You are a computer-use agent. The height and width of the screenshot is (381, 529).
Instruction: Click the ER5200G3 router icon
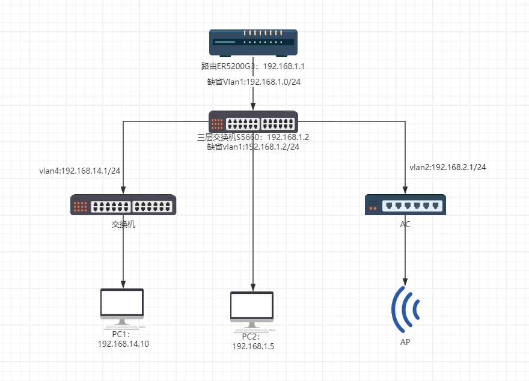[253, 43]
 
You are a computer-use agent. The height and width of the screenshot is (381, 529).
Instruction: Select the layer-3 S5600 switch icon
[253, 122]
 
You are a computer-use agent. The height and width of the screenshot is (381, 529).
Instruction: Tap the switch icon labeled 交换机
[123, 205]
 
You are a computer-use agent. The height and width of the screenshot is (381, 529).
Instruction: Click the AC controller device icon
[405, 205]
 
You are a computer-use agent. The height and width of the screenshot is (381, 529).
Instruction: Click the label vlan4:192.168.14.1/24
[79, 171]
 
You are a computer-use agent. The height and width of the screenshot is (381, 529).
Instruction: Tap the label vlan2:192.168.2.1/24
[448, 167]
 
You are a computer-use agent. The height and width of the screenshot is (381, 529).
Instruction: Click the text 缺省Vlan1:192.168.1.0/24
[254, 82]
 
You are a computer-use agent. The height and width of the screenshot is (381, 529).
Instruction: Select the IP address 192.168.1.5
[253, 346]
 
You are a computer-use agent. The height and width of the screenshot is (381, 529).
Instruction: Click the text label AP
[406, 342]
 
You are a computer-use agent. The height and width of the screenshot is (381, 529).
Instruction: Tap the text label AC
[406, 224]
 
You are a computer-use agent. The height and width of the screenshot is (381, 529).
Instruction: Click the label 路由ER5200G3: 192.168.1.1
[253, 66]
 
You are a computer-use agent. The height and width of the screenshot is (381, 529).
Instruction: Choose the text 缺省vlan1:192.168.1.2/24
[253, 146]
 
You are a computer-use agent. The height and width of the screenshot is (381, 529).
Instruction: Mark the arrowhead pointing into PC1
[123, 284]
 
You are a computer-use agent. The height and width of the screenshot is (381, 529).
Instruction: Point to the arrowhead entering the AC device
[406, 190]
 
